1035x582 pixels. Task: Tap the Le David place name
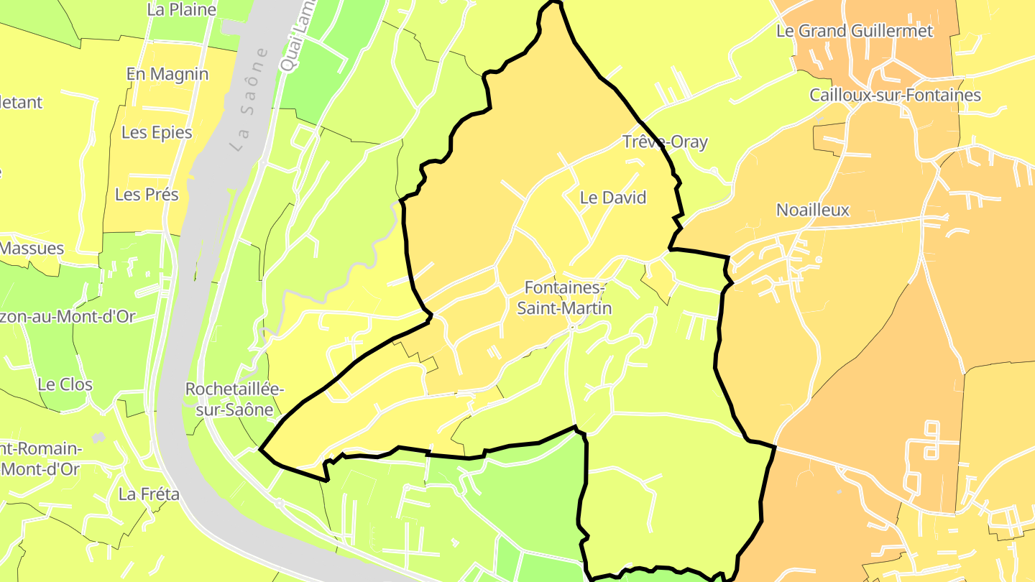(x=613, y=198)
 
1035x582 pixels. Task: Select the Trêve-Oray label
(x=665, y=142)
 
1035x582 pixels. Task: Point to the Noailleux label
(x=813, y=210)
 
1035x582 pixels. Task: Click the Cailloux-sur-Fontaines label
(x=895, y=95)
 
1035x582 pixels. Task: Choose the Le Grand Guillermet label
(x=855, y=31)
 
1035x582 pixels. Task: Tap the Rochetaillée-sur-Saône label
(x=234, y=399)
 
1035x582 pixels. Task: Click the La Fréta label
(x=149, y=494)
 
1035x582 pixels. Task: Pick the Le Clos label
(x=65, y=384)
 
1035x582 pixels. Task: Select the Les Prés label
(x=147, y=194)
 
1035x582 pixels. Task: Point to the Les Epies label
(x=157, y=132)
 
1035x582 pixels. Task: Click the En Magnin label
(x=167, y=74)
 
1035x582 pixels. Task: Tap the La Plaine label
(x=181, y=10)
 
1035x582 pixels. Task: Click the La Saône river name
(x=250, y=98)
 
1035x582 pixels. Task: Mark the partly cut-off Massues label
(x=32, y=249)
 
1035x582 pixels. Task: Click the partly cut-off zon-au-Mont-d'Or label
(x=68, y=317)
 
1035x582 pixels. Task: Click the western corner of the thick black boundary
(x=260, y=451)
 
